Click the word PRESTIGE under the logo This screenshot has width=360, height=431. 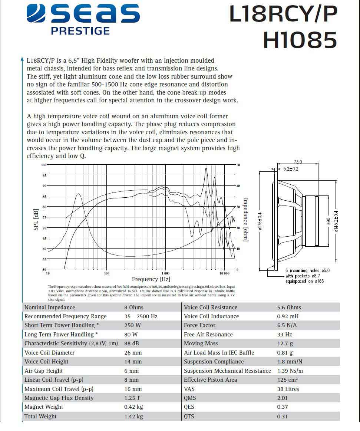tap(80, 31)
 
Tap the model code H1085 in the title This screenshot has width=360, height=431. tap(300, 40)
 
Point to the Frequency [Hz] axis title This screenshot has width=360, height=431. tap(151, 279)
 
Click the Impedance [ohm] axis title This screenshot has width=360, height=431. tap(245, 219)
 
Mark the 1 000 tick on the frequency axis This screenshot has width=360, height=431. tap(165, 273)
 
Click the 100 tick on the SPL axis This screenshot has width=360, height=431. tap(44, 165)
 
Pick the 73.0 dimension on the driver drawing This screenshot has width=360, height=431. tap(298, 162)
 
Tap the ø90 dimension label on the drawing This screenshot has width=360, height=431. tap(328, 221)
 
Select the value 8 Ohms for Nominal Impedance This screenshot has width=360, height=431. tap(134, 307)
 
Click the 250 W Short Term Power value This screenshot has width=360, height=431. tap(133, 325)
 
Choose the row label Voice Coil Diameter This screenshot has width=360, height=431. tap(49, 353)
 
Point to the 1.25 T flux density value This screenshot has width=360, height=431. tap(133, 398)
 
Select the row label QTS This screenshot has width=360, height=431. tap(189, 416)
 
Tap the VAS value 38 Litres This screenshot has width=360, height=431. tap(288, 389)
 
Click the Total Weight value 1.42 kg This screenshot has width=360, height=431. tap(133, 417)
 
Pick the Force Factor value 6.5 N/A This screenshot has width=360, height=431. tap(287, 325)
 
